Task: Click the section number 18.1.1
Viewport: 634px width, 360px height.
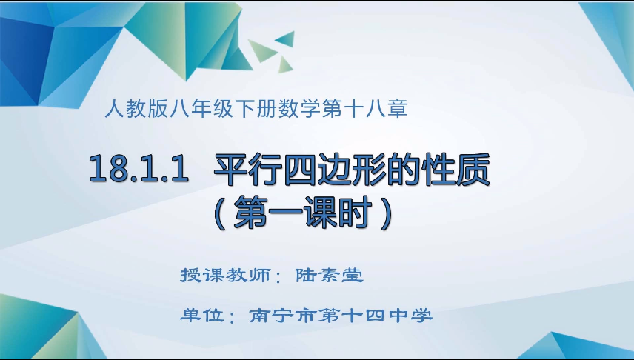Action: pos(135,170)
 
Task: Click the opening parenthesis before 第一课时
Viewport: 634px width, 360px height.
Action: pos(219,213)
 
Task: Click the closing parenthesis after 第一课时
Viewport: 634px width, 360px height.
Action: pos(381,213)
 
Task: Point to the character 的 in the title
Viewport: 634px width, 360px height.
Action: pos(414,169)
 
